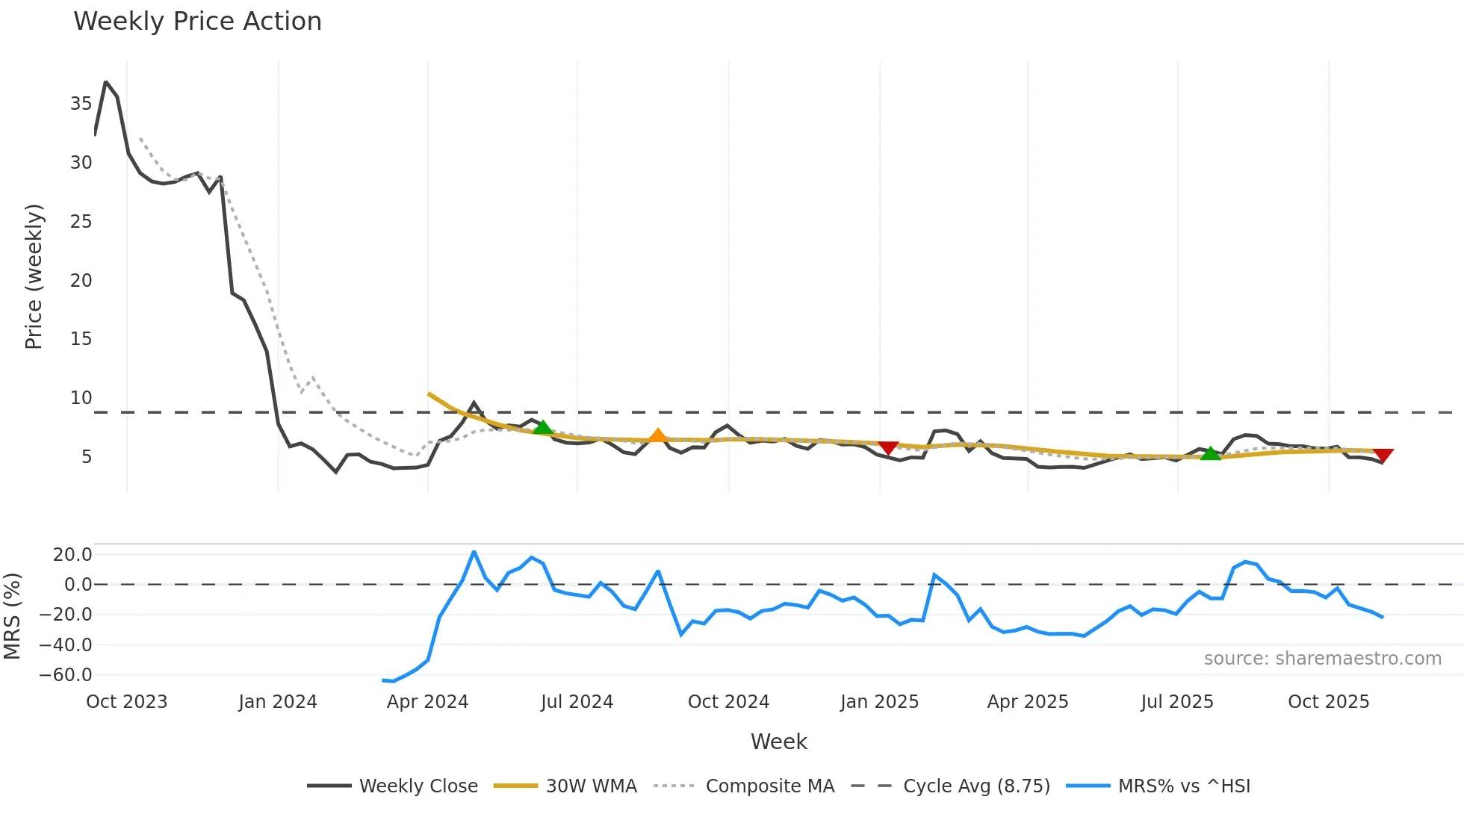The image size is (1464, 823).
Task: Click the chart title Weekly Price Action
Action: pos(197,22)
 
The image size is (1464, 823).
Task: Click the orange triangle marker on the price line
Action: pos(657,435)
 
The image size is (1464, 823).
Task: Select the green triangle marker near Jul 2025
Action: pos(1210,453)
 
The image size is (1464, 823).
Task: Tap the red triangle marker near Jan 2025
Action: pos(888,447)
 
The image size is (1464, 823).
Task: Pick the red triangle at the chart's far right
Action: pos(1383,456)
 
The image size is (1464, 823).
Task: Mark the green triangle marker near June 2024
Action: pos(543,427)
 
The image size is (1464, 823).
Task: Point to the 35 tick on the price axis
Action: pos(81,104)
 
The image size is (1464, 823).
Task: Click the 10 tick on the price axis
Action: pos(81,398)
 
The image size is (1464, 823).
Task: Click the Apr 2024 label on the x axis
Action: pos(427,702)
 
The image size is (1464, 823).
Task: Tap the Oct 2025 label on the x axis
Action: pos(1328,702)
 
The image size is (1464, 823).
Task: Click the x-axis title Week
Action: pos(778,742)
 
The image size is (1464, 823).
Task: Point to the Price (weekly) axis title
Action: pos(34,276)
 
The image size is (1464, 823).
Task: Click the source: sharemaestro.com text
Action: pos(1322,659)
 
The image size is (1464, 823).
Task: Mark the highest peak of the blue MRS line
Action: pos(474,552)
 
